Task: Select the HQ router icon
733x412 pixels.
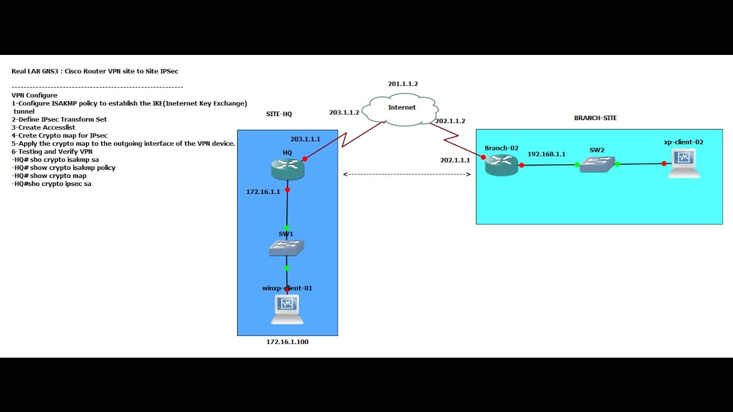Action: coord(287,168)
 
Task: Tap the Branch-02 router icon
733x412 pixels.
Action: coord(501,165)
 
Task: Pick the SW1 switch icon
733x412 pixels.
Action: coord(286,247)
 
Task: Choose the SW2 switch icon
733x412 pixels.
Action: coord(597,165)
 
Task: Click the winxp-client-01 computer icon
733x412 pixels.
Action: coord(287,309)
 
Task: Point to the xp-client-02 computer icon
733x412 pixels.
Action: coord(684,164)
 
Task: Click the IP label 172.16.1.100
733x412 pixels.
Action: coord(287,342)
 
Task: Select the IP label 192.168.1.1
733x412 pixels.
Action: coord(546,154)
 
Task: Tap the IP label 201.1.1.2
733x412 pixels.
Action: coord(403,84)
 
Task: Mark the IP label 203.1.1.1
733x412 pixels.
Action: coord(305,139)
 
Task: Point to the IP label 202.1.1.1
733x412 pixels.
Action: coord(455,160)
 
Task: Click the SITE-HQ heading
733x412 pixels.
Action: coord(279,114)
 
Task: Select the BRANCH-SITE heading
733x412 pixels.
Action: coord(595,118)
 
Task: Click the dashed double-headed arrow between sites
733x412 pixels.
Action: coord(407,175)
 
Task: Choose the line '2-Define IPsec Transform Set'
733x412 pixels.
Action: coord(59,120)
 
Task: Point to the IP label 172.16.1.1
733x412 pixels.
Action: coord(263,192)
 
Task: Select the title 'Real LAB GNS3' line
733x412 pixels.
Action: coord(95,72)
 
